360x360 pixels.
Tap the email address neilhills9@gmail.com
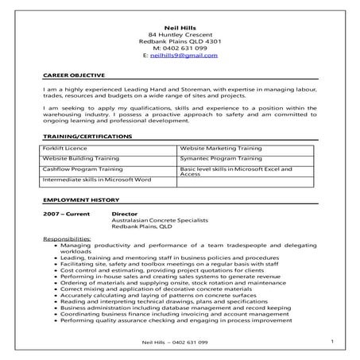click(x=184, y=56)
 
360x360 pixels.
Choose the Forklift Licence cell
click(x=66, y=149)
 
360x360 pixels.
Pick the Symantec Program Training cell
click(x=219, y=159)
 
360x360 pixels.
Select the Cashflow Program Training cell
click(x=83, y=169)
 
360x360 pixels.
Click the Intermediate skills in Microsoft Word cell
click(x=96, y=180)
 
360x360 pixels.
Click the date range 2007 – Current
click(x=69, y=215)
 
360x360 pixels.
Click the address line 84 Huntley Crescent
click(x=179, y=34)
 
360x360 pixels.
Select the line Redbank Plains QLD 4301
click(x=179, y=41)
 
